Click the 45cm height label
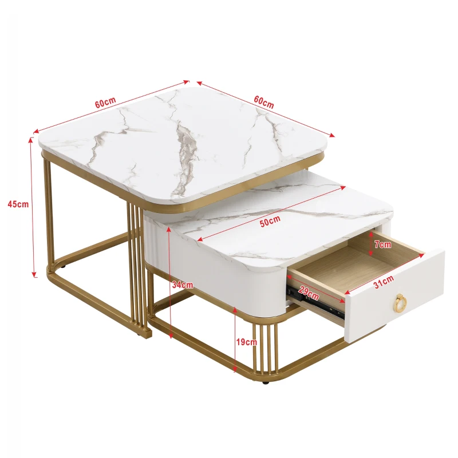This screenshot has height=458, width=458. [19, 204]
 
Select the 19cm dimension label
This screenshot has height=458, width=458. [247, 342]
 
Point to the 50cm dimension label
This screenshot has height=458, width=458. [270, 222]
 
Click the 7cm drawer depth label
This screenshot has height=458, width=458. [382, 244]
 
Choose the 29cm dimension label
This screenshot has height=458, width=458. [309, 294]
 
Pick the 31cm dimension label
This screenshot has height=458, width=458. [384, 280]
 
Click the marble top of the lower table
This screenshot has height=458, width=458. [286, 235]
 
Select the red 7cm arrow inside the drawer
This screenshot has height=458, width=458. [371, 244]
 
